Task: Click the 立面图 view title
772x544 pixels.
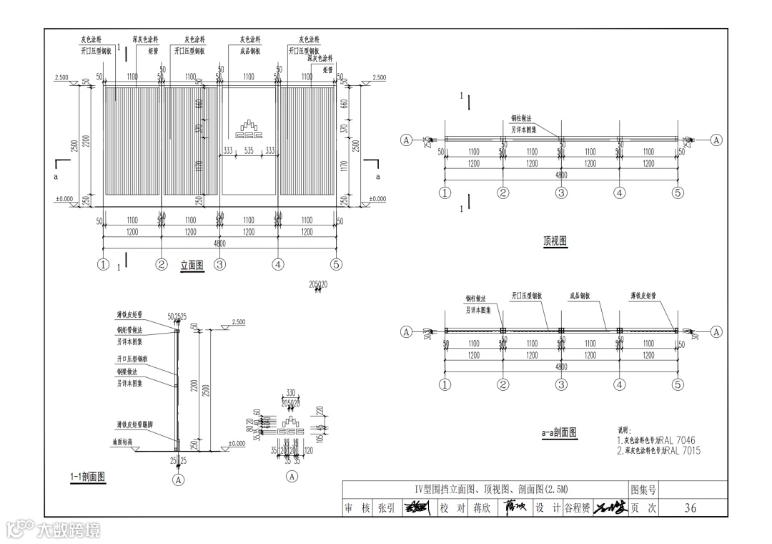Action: pyautogui.click(x=191, y=266)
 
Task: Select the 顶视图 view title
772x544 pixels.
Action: pyautogui.click(x=555, y=241)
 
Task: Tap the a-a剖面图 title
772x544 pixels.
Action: pyautogui.click(x=559, y=432)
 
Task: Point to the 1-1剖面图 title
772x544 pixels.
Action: pyautogui.click(x=88, y=477)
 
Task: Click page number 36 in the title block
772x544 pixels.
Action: pyautogui.click(x=690, y=508)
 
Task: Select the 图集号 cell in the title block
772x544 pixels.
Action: pyautogui.click(x=643, y=490)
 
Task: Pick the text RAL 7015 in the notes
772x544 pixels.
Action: pyautogui.click(x=680, y=451)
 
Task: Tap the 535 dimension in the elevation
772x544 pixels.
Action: pyautogui.click(x=248, y=150)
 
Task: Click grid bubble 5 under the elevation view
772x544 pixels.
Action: pyautogui.click(x=337, y=264)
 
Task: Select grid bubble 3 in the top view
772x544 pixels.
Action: pyautogui.click(x=561, y=193)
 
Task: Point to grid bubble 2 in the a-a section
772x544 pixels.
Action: pyautogui.click(x=503, y=384)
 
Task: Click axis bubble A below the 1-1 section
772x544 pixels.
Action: pyautogui.click(x=179, y=480)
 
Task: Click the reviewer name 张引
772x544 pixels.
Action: pyautogui.click(x=386, y=508)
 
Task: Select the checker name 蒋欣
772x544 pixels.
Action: pyautogui.click(x=478, y=508)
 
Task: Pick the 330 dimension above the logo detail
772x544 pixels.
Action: pyautogui.click(x=291, y=392)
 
